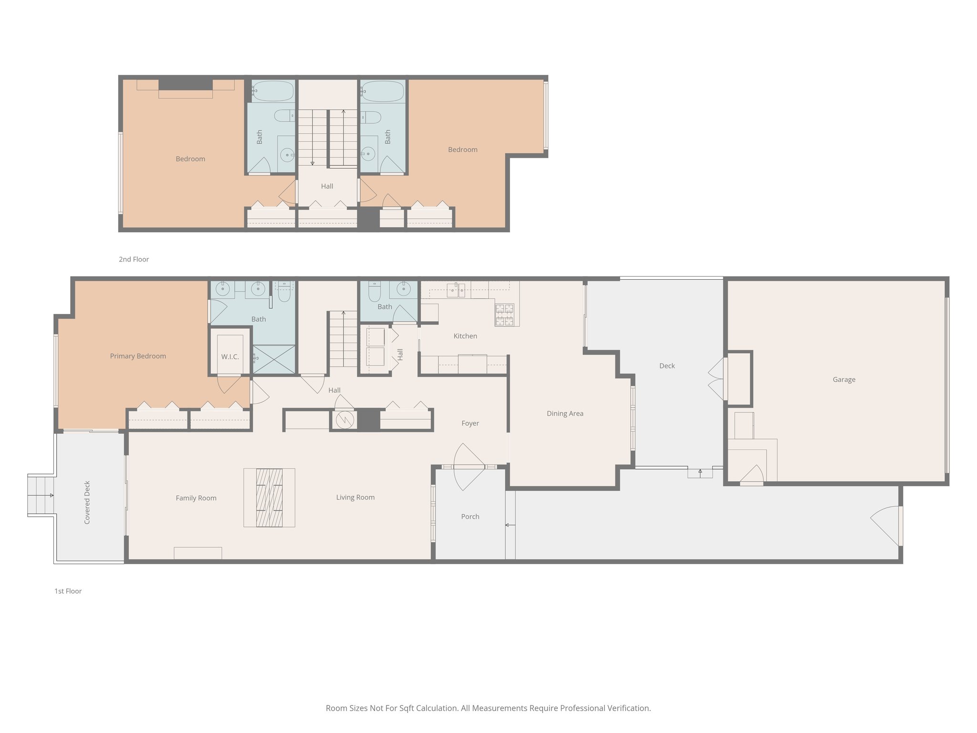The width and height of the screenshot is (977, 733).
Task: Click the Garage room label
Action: pyautogui.click(x=844, y=380)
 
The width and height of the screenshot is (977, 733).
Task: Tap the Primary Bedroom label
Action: pyautogui.click(x=138, y=356)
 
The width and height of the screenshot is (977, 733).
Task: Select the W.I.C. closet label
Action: pyautogui.click(x=230, y=357)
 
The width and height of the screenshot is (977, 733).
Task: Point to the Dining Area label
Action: pyautogui.click(x=565, y=414)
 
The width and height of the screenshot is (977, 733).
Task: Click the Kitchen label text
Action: pyautogui.click(x=465, y=336)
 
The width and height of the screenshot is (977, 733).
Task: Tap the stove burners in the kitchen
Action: pyautogui.click(x=505, y=315)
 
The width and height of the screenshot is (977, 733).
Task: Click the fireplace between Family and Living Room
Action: pyautogui.click(x=269, y=498)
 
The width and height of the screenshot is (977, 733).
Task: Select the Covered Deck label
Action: pyautogui.click(x=87, y=503)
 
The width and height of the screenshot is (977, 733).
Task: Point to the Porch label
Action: pyautogui.click(x=470, y=517)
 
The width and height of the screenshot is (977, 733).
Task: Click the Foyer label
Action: pyautogui.click(x=470, y=423)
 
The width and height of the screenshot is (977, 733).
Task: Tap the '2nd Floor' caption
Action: pyautogui.click(x=134, y=260)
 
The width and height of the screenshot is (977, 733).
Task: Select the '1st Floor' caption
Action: pyautogui.click(x=68, y=591)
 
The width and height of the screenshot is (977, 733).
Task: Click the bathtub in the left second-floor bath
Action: pyautogui.click(x=272, y=91)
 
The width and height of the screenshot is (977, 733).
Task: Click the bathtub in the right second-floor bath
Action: pyautogui.click(x=383, y=91)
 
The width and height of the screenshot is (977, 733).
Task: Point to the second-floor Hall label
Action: pyautogui.click(x=327, y=187)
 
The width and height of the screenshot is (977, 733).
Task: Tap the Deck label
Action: pyautogui.click(x=667, y=366)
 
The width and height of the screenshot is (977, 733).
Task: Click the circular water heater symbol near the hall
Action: pyautogui.click(x=343, y=420)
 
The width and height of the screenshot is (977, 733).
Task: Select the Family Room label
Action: pyautogui.click(x=196, y=498)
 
